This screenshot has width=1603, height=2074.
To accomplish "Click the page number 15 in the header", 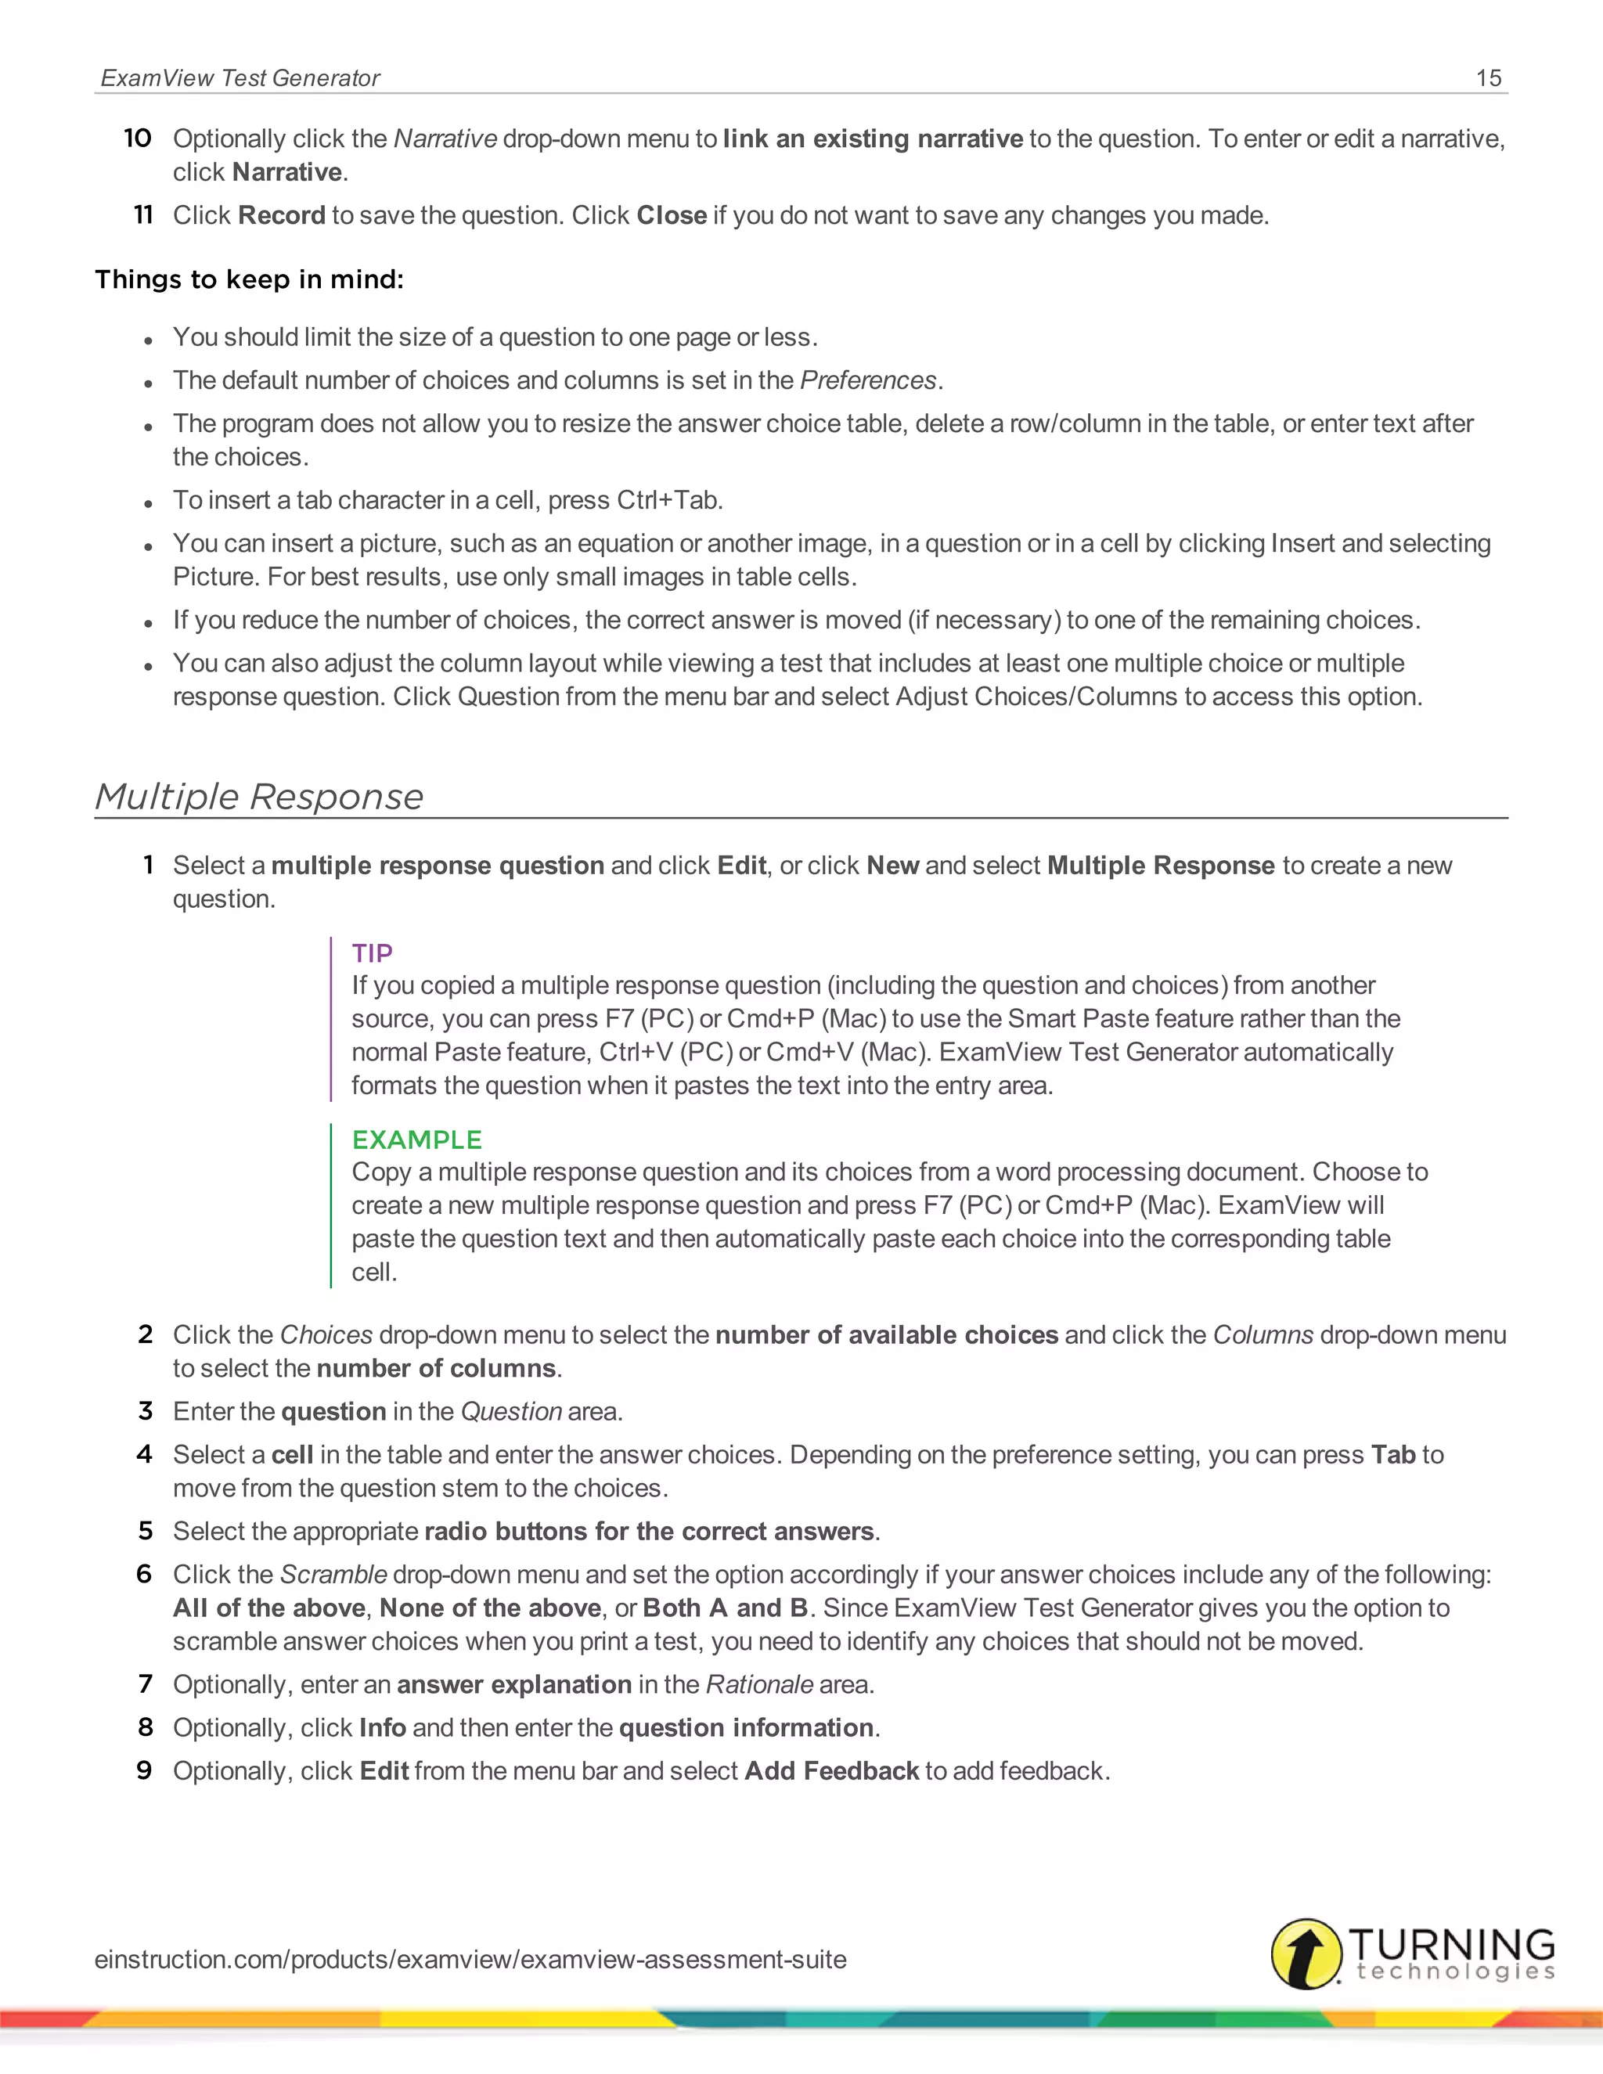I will [x=1488, y=77].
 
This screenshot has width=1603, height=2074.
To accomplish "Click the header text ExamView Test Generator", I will [x=240, y=77].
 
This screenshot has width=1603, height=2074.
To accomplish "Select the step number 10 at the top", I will [x=138, y=139].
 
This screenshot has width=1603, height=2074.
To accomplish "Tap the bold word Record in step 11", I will [x=282, y=215].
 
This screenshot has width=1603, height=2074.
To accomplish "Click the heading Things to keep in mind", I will [x=249, y=279].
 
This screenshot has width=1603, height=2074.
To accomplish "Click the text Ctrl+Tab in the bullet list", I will [x=668, y=500].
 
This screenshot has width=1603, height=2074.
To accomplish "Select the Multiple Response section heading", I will [x=259, y=796].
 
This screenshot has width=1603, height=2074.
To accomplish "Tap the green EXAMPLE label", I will [x=417, y=1140].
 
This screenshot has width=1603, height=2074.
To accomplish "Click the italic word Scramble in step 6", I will [x=333, y=1575].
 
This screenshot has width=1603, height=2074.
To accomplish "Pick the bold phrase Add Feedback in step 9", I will [x=831, y=1771].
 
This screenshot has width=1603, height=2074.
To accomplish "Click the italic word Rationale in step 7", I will [x=758, y=1685].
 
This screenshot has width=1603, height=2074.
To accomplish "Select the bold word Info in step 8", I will [x=383, y=1727].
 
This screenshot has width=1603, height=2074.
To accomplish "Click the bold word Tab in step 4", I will [x=1393, y=1455].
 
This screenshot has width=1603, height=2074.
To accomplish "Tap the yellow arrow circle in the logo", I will [x=1306, y=1953].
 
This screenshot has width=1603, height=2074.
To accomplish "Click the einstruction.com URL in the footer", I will [x=470, y=1959].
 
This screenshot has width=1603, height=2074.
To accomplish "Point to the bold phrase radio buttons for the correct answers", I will [x=649, y=1532].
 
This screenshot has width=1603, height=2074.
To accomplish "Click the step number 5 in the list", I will [x=146, y=1531].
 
